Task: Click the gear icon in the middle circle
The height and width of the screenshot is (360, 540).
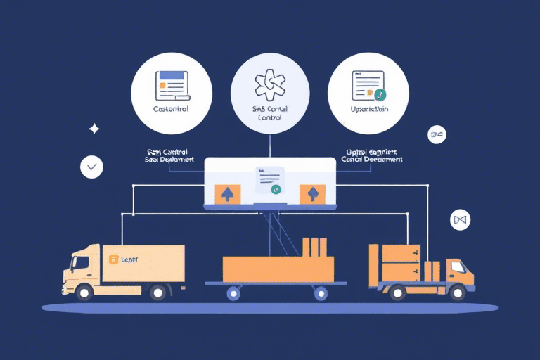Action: tap(270, 85)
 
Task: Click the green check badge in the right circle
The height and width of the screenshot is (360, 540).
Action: tap(380, 94)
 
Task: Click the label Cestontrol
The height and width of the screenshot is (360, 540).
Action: tap(172, 110)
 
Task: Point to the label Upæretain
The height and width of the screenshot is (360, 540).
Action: tap(368, 110)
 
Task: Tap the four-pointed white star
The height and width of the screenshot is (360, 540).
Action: tap(94, 129)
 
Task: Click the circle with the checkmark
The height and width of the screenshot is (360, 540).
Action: tap(92, 167)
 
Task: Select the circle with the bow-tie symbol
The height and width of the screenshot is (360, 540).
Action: tap(460, 220)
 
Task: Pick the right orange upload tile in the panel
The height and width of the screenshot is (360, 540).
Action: tap(312, 193)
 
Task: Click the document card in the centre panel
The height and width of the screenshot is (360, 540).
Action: tap(270, 181)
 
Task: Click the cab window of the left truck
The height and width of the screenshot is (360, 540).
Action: tap(79, 262)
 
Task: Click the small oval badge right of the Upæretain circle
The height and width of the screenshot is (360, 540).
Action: tap(437, 134)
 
